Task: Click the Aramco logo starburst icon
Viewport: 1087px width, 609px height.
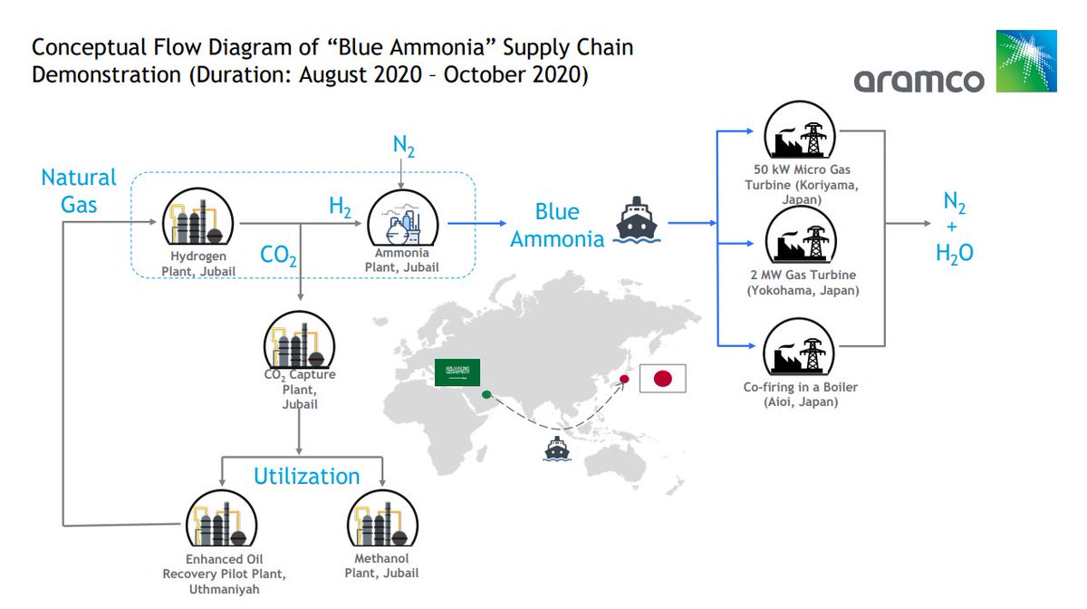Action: (1026, 61)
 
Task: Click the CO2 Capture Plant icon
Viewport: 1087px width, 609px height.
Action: (300, 343)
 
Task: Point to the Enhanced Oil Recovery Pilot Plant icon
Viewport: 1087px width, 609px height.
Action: (222, 521)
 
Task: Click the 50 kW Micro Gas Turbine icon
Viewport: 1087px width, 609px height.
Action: (801, 135)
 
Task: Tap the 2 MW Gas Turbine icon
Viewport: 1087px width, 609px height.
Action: (801, 237)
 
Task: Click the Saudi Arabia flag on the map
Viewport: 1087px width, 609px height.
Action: (458, 371)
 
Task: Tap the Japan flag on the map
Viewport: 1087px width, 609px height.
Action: (662, 378)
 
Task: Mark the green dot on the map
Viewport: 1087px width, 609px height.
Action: (486, 393)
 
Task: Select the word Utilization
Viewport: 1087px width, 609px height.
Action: (306, 476)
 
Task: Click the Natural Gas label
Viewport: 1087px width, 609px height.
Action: (79, 190)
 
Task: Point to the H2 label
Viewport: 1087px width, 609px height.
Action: (341, 208)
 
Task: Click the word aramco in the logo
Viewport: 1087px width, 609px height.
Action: (919, 80)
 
